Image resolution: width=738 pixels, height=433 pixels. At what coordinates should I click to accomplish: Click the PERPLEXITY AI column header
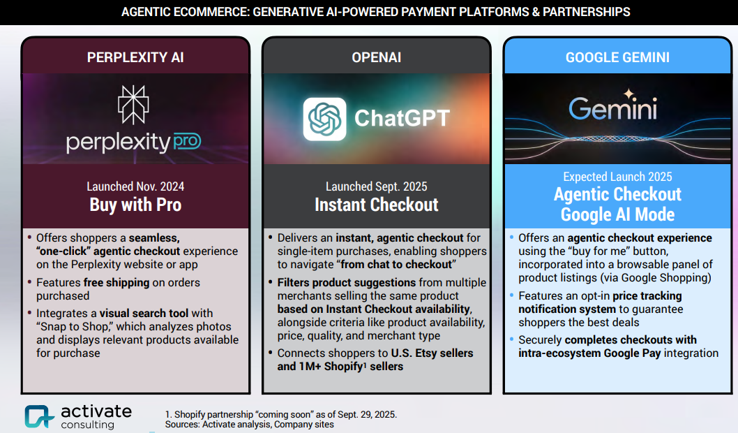coord(135,57)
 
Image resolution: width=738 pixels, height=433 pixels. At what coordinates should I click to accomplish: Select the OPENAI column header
coord(377,57)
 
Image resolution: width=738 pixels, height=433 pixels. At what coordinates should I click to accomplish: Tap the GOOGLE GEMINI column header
coord(617,57)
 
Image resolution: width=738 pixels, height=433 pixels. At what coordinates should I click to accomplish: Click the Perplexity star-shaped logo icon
coord(133,105)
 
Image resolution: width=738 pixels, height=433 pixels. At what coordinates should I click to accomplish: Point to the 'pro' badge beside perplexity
coord(187,141)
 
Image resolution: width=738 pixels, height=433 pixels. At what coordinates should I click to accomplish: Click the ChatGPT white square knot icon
coord(324,119)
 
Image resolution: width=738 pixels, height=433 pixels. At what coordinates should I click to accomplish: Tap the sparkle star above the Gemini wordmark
coord(629,94)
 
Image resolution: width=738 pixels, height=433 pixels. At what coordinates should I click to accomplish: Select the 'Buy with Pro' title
coord(135,205)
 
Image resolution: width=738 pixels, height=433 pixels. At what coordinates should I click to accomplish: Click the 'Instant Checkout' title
coord(377,205)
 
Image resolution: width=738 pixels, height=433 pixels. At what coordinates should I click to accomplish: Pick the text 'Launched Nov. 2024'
coord(135,186)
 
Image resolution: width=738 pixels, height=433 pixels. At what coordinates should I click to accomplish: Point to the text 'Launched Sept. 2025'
coord(377,186)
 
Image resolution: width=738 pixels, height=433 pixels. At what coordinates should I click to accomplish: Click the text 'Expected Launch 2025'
coord(617,177)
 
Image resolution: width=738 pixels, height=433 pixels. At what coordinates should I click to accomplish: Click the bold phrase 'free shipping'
coord(116,282)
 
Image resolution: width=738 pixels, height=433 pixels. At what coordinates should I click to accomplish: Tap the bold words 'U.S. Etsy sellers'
coord(432,353)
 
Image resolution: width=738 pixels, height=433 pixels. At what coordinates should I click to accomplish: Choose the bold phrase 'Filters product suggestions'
coord(347,282)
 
